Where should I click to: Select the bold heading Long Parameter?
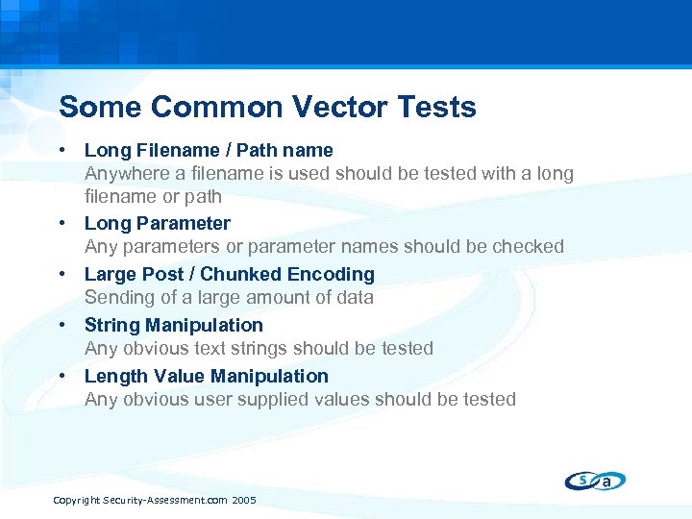pos(158,223)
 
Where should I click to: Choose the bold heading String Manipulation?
pos(173,325)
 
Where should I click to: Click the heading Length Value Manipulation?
pos(206,376)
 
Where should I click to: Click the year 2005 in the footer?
pos(244,501)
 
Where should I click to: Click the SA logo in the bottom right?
pos(595,480)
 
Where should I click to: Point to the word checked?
pos(528,247)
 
